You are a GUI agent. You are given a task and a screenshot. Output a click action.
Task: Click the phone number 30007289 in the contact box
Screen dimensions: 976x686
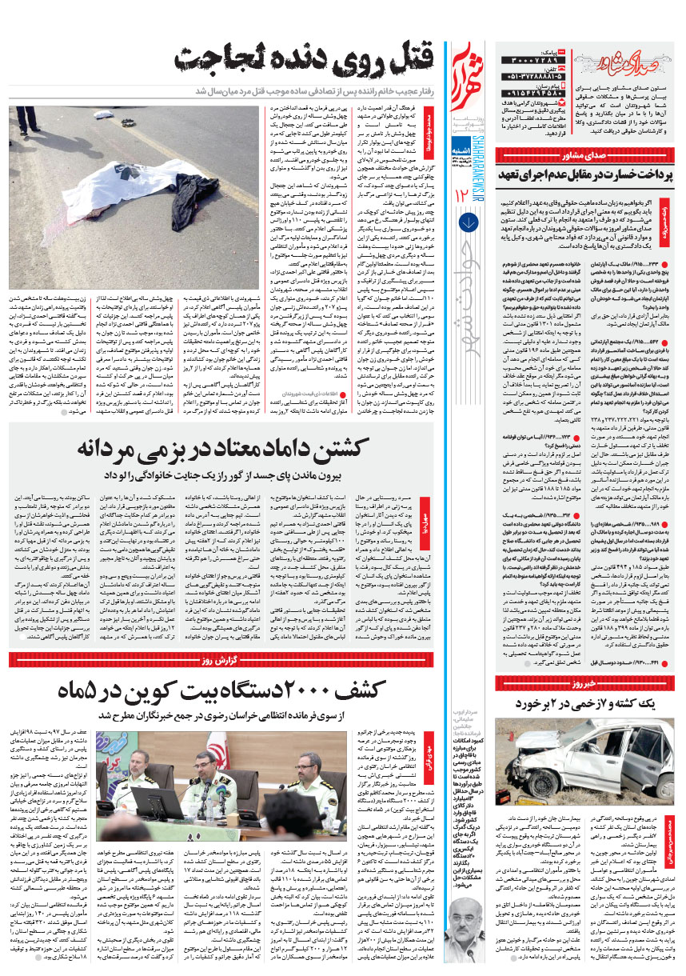pos(528,61)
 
